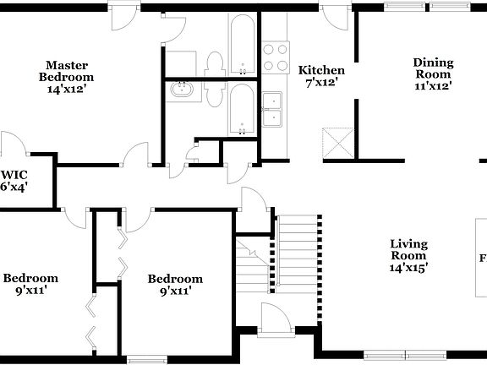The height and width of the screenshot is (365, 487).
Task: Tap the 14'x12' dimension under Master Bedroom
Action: tap(68, 86)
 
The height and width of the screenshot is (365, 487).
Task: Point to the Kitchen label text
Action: tap(322, 70)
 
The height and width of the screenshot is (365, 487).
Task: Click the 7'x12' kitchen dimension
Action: tap(322, 83)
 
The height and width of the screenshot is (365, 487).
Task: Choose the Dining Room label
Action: tap(433, 68)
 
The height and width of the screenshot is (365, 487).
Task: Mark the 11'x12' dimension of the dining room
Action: tap(433, 84)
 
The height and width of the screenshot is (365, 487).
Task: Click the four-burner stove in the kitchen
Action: tap(275, 57)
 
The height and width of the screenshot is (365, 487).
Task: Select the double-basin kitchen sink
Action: tap(273, 109)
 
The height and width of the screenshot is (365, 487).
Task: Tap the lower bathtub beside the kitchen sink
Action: tap(241, 110)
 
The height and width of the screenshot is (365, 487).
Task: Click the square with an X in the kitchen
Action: tap(338, 143)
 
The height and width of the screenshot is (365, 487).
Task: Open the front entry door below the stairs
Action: tap(274, 319)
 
